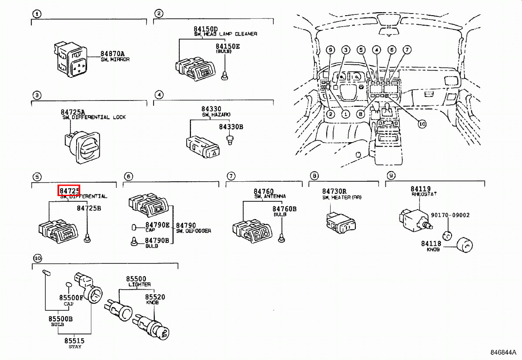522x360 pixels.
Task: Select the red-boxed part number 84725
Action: (69, 190)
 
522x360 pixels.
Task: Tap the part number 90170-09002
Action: (450, 215)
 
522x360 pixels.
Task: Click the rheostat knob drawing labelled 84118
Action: (465, 246)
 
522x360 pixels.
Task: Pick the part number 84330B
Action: (231, 127)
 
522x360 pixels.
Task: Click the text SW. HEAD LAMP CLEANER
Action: (225, 34)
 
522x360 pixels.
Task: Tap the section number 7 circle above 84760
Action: (231, 176)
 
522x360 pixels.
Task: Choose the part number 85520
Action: (155, 297)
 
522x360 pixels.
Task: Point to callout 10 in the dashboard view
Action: (421, 124)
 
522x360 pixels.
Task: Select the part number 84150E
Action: (228, 46)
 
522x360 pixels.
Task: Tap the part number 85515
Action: (74, 341)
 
